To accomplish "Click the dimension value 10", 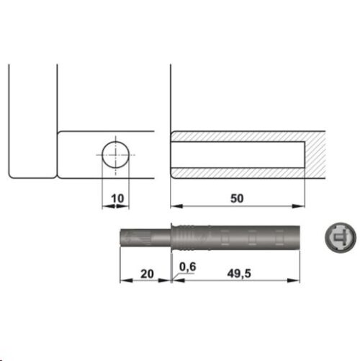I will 116,197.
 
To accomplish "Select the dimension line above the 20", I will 145,282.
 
